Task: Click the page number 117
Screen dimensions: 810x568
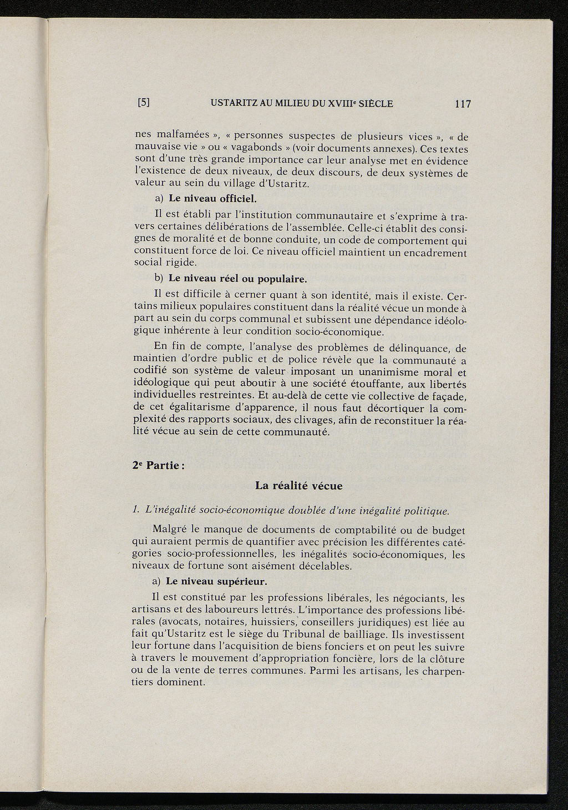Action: [462, 103]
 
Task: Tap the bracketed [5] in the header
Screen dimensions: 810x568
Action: [144, 103]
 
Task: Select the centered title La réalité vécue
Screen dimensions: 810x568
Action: [299, 486]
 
